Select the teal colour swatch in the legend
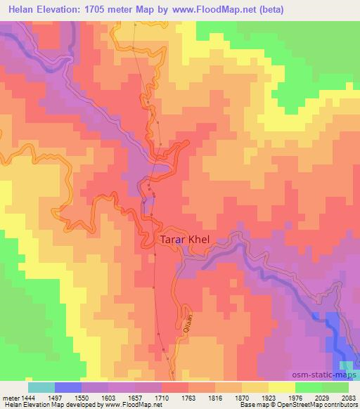coord(41,387)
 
